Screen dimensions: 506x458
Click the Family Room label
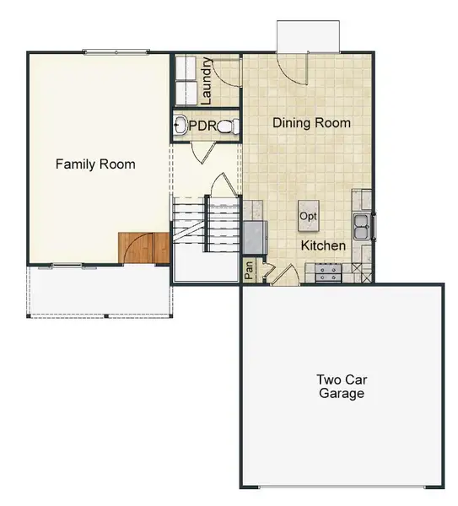[95, 164]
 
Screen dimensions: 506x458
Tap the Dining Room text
[311, 123]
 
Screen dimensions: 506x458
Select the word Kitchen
[324, 246]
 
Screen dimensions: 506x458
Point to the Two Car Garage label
[342, 386]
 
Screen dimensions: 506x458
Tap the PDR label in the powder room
[203, 126]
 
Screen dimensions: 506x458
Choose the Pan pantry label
[249, 271]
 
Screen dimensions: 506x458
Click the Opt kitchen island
[309, 216]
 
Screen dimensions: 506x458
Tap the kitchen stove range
[329, 272]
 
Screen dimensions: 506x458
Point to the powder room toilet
[229, 126]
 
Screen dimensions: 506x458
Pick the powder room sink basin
[180, 127]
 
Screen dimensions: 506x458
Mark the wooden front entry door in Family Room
[144, 247]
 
